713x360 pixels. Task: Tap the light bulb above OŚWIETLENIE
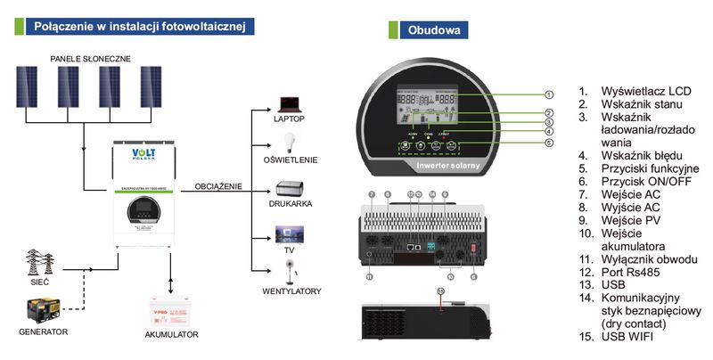[288, 143]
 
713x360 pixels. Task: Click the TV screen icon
[290, 233]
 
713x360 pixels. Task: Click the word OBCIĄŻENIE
[218, 186]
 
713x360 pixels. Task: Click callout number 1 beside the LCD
[549, 94]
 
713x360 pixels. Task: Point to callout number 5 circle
[549, 143]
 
